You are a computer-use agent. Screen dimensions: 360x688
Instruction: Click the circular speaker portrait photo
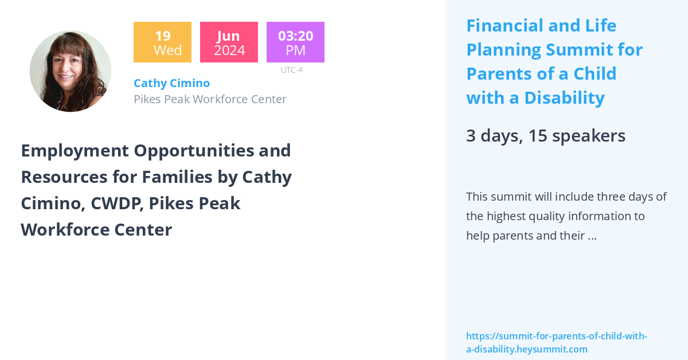pyautogui.click(x=71, y=71)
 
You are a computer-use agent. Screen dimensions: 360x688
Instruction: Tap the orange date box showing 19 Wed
pyautogui.click(x=162, y=42)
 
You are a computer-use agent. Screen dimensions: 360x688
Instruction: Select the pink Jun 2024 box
pyautogui.click(x=229, y=42)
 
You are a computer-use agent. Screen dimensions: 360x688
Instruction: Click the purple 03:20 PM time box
pyautogui.click(x=295, y=42)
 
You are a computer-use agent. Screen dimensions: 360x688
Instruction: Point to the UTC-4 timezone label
pyautogui.click(x=292, y=70)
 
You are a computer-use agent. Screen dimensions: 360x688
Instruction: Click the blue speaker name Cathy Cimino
pyautogui.click(x=171, y=83)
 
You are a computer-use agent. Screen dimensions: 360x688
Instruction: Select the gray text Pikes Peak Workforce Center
pyautogui.click(x=210, y=99)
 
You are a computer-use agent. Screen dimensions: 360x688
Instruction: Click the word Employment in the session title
pyautogui.click(x=75, y=150)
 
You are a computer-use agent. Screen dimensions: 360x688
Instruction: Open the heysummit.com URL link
pyautogui.click(x=556, y=342)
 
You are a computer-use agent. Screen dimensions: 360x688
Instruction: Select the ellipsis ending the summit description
pyautogui.click(x=592, y=236)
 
